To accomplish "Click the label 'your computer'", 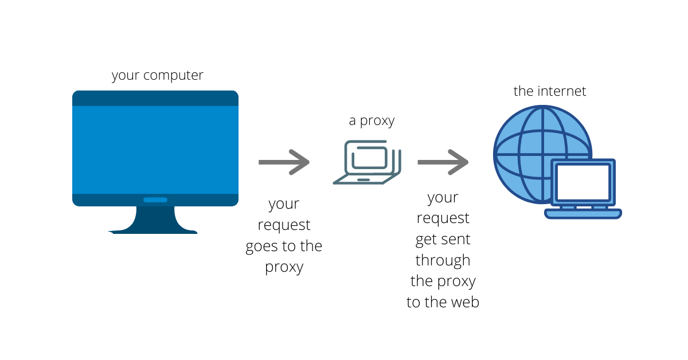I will pos(157,75).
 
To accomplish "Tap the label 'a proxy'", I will pos(372,121).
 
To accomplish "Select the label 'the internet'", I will pos(550,91).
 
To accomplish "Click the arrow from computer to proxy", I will pos(284,162).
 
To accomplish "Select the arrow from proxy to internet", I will pos(443,162).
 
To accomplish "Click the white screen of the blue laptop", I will pos(583,182).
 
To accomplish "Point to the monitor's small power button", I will pos(155,200).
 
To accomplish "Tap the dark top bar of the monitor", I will pos(155,98).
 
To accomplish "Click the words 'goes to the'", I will pos(284,246).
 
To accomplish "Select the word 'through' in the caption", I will pos(443,260).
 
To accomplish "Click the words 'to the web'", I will pos(443,302).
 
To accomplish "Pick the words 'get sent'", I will pos(443,239).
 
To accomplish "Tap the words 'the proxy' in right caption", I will pos(443,281).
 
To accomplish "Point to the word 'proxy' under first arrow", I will pos(284,268).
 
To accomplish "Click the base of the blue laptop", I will pos(583,214).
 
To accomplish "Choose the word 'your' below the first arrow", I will pos(284,204).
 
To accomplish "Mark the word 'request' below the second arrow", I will pos(443,218).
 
